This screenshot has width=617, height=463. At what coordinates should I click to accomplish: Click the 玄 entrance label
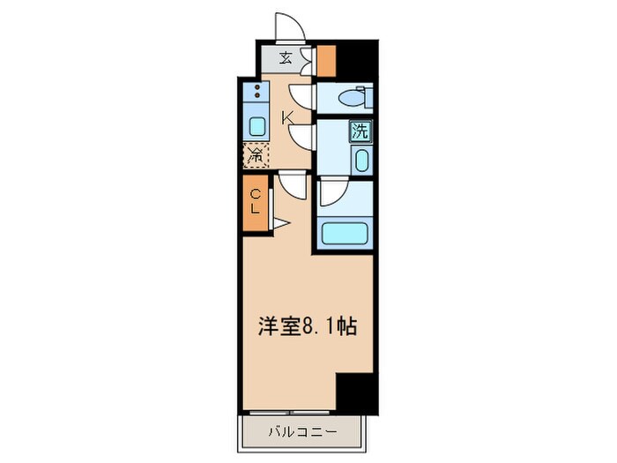pos(286,59)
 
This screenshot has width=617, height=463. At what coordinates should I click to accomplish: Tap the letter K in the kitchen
pos(287,117)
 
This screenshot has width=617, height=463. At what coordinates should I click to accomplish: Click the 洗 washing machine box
pos(361,131)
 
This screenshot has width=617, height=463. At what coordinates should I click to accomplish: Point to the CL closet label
pos(255,202)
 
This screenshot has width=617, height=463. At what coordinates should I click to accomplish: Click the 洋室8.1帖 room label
pos(308,327)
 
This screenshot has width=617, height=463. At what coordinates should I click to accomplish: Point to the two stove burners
pos(256,93)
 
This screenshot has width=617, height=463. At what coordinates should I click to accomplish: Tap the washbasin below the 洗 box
pos(361,160)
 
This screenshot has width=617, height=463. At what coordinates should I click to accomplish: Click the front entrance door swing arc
pos(289,26)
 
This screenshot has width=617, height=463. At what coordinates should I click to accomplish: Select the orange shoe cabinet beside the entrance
pos(326,59)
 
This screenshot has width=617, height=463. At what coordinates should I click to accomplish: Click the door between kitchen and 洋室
pos(292,186)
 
